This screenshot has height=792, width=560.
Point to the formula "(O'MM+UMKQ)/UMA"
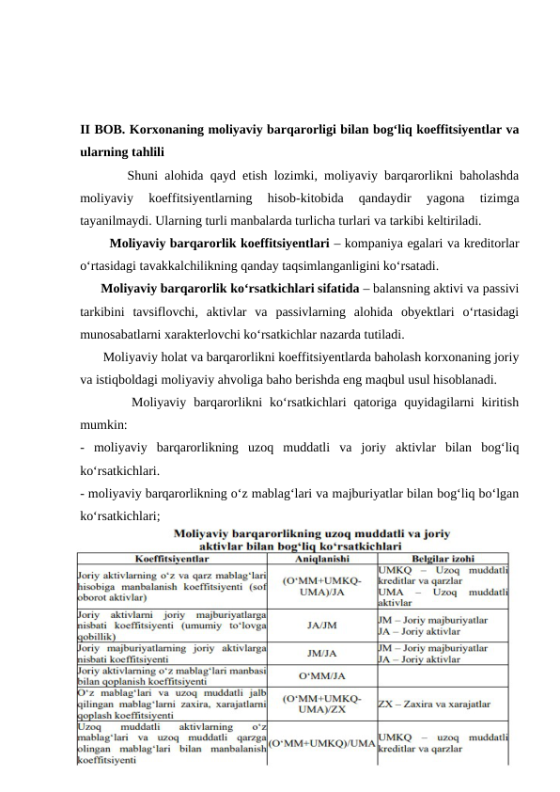click(322, 742)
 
